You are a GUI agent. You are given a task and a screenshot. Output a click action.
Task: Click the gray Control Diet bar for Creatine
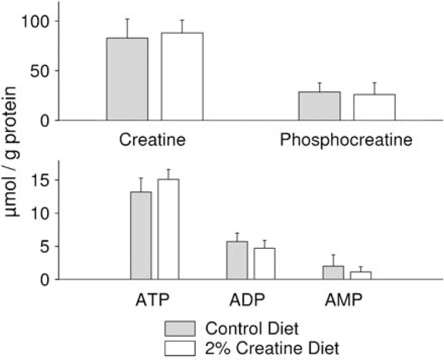click(127, 79)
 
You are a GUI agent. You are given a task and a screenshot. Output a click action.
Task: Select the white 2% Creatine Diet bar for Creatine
click(182, 77)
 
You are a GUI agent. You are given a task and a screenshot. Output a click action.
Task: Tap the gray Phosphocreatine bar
click(320, 106)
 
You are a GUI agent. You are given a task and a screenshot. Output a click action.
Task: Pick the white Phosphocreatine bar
click(374, 107)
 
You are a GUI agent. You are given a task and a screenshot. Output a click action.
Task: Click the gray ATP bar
click(141, 236)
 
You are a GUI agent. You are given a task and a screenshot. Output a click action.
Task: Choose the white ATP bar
click(168, 230)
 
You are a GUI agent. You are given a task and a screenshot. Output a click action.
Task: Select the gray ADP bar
click(237, 260)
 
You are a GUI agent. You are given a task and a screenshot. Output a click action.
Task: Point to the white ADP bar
click(264, 264)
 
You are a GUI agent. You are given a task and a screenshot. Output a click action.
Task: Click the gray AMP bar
click(333, 273)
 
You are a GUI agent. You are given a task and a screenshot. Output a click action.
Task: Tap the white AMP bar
click(360, 276)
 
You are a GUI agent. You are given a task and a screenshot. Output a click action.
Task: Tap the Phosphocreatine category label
click(346, 140)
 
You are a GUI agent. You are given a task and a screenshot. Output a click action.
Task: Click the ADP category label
click(247, 300)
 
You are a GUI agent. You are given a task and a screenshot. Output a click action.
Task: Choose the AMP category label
click(343, 300)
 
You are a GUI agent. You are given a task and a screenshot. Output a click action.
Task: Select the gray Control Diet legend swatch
click(180, 329)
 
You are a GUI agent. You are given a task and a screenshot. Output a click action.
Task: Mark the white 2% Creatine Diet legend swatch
click(180, 348)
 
